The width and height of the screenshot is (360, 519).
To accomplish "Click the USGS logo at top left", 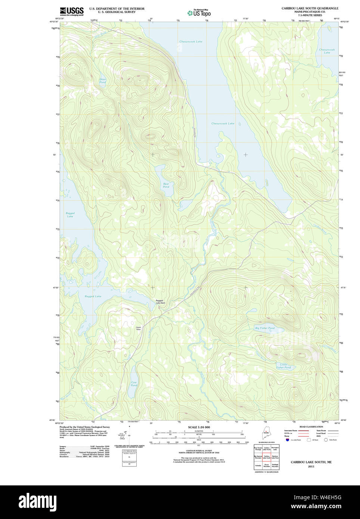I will [x=72, y=11].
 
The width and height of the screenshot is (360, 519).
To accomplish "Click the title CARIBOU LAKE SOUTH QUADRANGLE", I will [x=310, y=8].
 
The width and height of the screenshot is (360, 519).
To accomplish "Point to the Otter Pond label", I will [x=103, y=81].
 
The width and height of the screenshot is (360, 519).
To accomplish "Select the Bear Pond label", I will [x=166, y=185].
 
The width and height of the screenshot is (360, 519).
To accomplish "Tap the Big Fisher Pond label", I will [x=264, y=328].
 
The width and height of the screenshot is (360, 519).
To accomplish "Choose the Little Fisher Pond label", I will [x=283, y=366].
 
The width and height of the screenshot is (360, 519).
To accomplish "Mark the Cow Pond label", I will [x=134, y=384].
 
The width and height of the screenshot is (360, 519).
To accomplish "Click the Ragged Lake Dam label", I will [x=160, y=302].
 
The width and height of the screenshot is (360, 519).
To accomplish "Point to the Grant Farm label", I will [x=138, y=329].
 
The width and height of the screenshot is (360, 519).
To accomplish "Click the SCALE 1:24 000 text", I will [x=199, y=427].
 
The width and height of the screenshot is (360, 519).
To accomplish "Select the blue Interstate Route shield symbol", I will [x=288, y=440].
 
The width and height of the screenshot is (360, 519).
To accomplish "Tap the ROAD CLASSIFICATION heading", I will [x=311, y=427].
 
